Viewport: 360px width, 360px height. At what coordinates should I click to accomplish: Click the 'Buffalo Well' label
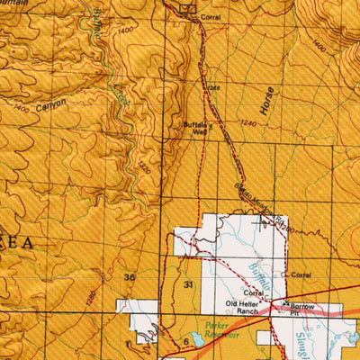[x=195, y=128]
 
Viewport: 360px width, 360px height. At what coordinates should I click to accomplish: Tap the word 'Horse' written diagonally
[x=265, y=105]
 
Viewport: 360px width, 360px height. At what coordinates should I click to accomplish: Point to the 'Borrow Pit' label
[x=302, y=310]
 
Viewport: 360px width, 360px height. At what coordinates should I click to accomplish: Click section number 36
[x=130, y=278]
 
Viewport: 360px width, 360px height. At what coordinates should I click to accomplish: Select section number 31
[x=188, y=284]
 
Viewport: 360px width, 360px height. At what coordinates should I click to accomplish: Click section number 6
[x=185, y=342]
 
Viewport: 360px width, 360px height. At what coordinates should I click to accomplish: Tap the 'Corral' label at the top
[x=211, y=17]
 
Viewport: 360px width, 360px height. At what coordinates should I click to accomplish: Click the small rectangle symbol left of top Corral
[x=187, y=9]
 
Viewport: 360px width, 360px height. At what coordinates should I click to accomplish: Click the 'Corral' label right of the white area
[x=300, y=274]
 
